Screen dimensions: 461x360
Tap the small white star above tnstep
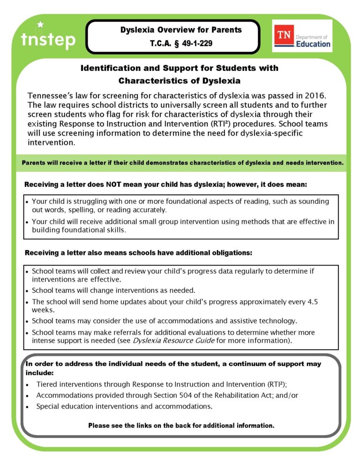pos(40,24)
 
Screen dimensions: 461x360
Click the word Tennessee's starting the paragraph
pos(51,96)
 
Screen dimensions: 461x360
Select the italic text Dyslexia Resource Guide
pos(173,341)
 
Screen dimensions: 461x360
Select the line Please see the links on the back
pos(181,425)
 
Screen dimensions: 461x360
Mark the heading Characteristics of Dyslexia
pos(179,81)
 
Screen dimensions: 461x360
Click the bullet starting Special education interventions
pos(124,406)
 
